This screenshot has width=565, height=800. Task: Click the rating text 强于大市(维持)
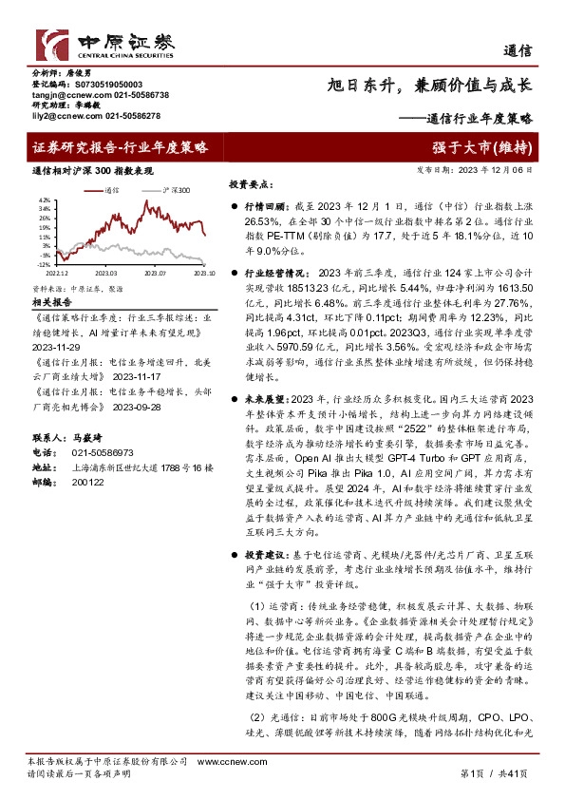493,147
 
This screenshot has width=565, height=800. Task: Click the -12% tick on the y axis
44,265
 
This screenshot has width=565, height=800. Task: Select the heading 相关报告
54,300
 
